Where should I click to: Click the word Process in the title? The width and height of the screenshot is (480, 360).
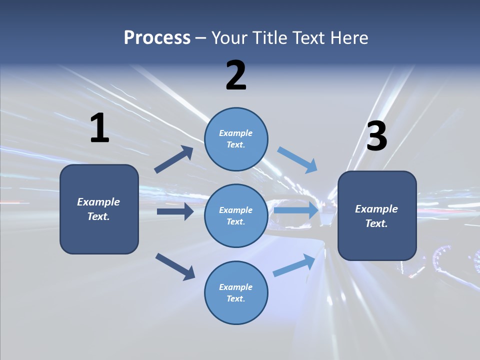click(157, 37)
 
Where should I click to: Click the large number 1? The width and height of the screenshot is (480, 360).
click(99, 128)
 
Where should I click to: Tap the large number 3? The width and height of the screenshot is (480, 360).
click(376, 136)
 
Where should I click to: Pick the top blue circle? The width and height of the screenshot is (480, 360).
click(236, 139)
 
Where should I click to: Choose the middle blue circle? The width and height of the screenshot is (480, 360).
click(236, 215)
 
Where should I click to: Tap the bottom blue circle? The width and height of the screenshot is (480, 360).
click(236, 292)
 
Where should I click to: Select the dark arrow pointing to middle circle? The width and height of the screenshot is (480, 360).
click(175, 211)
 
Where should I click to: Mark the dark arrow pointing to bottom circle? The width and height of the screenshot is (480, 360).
click(175, 266)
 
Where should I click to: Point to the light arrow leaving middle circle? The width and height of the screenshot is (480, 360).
click(296, 210)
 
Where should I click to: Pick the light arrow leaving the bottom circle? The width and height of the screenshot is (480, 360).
click(294, 265)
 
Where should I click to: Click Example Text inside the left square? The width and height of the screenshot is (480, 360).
click(98, 209)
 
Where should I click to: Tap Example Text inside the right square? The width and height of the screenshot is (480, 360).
click(376, 216)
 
